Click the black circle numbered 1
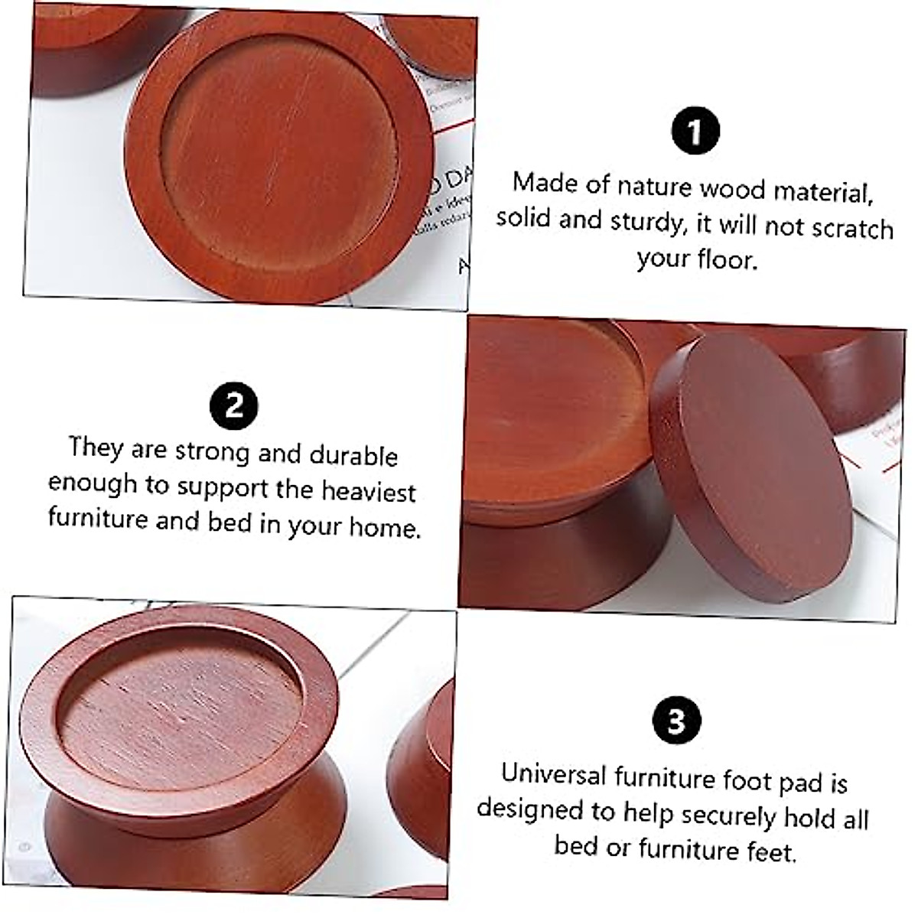(x=695, y=132)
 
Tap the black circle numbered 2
(x=233, y=403)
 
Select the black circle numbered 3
(x=676, y=721)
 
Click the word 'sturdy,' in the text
(x=649, y=221)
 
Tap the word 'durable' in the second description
(x=353, y=455)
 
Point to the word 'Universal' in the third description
(x=553, y=773)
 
